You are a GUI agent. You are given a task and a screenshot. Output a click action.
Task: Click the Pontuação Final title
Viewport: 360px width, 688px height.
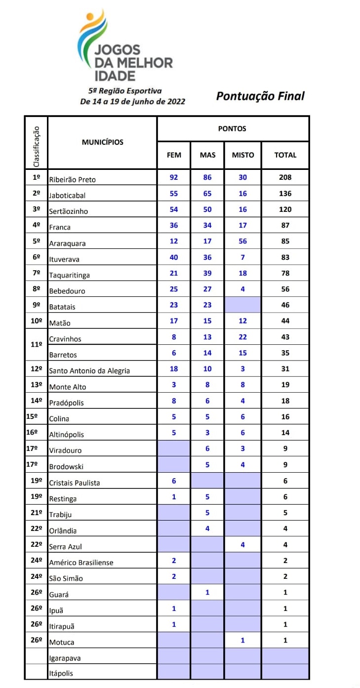pyautogui.click(x=260, y=96)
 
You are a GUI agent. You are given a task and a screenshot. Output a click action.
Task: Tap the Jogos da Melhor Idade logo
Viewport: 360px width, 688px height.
pyautogui.click(x=124, y=47)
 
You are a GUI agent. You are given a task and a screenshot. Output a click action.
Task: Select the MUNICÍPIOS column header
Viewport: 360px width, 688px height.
pyautogui.click(x=102, y=142)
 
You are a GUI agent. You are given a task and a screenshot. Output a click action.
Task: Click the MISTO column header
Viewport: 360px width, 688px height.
pyautogui.click(x=242, y=155)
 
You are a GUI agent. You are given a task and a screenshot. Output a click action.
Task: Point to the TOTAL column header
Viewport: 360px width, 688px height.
pyautogui.click(x=285, y=155)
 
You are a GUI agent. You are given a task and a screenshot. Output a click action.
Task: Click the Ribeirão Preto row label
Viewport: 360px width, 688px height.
pyautogui.click(x=72, y=179)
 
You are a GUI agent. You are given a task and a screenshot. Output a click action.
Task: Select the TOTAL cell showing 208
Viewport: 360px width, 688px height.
pyautogui.click(x=285, y=177)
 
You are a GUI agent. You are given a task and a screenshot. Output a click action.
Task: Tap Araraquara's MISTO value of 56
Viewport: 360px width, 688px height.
pyautogui.click(x=242, y=241)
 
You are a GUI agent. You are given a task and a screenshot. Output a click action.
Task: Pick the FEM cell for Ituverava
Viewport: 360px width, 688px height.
pyautogui.click(x=174, y=257)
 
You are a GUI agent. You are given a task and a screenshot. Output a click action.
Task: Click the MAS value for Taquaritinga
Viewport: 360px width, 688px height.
pyautogui.click(x=207, y=273)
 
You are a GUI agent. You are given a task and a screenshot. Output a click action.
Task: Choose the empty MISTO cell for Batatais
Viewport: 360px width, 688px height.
pyautogui.click(x=242, y=305)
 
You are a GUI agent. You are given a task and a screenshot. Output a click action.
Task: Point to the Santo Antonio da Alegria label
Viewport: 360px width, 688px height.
pyautogui.click(x=89, y=370)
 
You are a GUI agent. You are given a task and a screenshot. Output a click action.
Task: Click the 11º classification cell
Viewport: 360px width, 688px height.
pyautogui.click(x=36, y=345)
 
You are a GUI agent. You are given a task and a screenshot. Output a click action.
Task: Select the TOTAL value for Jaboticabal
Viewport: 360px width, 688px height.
pyautogui.click(x=285, y=194)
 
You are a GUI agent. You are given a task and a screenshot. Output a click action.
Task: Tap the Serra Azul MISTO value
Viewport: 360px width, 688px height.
pyautogui.click(x=242, y=545)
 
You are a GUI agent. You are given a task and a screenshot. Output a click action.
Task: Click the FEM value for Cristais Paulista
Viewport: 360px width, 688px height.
pyautogui.click(x=174, y=481)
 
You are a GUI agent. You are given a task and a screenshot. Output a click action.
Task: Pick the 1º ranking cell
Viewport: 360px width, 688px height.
pyautogui.click(x=36, y=177)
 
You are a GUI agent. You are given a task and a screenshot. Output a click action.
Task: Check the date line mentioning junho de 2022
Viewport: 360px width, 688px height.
pyautogui.click(x=132, y=101)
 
